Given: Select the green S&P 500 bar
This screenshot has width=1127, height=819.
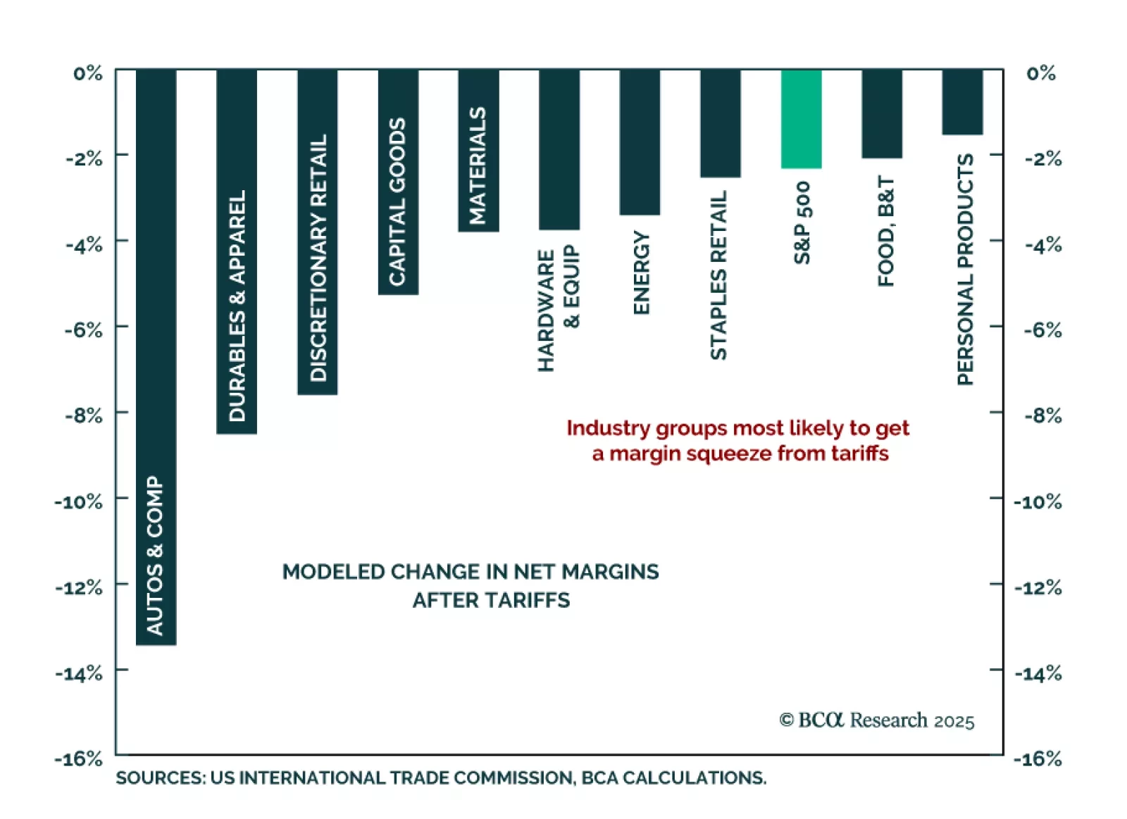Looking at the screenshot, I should [801, 118].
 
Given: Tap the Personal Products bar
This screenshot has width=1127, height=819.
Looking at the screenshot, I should [962, 101].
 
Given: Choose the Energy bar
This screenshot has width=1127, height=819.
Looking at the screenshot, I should [640, 142].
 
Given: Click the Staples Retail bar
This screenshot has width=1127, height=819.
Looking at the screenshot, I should [720, 123].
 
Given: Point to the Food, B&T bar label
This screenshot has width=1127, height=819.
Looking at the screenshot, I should [885, 232].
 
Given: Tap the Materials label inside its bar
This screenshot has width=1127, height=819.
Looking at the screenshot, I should [478, 165].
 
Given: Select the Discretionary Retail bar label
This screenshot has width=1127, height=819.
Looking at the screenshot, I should [318, 258].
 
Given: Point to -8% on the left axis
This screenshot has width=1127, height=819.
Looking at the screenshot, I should [84, 415].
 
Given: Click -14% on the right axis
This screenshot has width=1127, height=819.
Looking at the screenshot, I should [1038, 673].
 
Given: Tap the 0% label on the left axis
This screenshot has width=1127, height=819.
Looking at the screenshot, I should [88, 73].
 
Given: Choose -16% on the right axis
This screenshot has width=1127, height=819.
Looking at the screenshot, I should [1038, 758].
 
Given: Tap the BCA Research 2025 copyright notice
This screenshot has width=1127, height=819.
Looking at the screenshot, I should [876, 720].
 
